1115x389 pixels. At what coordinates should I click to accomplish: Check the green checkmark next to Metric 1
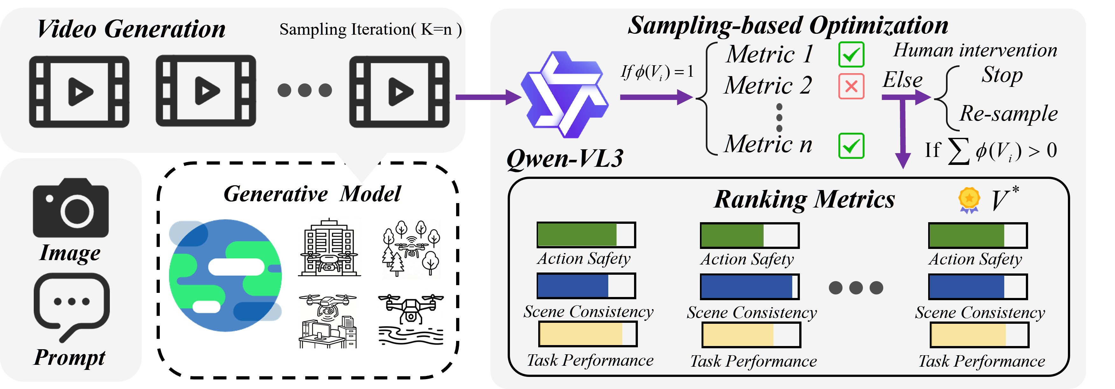coord(851,54)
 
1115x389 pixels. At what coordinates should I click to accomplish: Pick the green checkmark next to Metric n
coord(851,146)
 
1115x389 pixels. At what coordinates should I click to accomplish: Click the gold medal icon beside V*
coord(969,200)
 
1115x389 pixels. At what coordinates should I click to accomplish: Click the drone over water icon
coord(411,320)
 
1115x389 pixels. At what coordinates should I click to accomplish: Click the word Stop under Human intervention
coord(1002,74)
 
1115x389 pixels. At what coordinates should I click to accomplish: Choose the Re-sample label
coord(1008,114)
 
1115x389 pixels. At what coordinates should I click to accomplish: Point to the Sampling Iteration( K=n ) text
coord(370,29)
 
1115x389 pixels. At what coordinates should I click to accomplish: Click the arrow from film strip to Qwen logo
coord(487,97)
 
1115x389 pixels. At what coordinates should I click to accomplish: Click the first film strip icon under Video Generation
coord(79,92)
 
